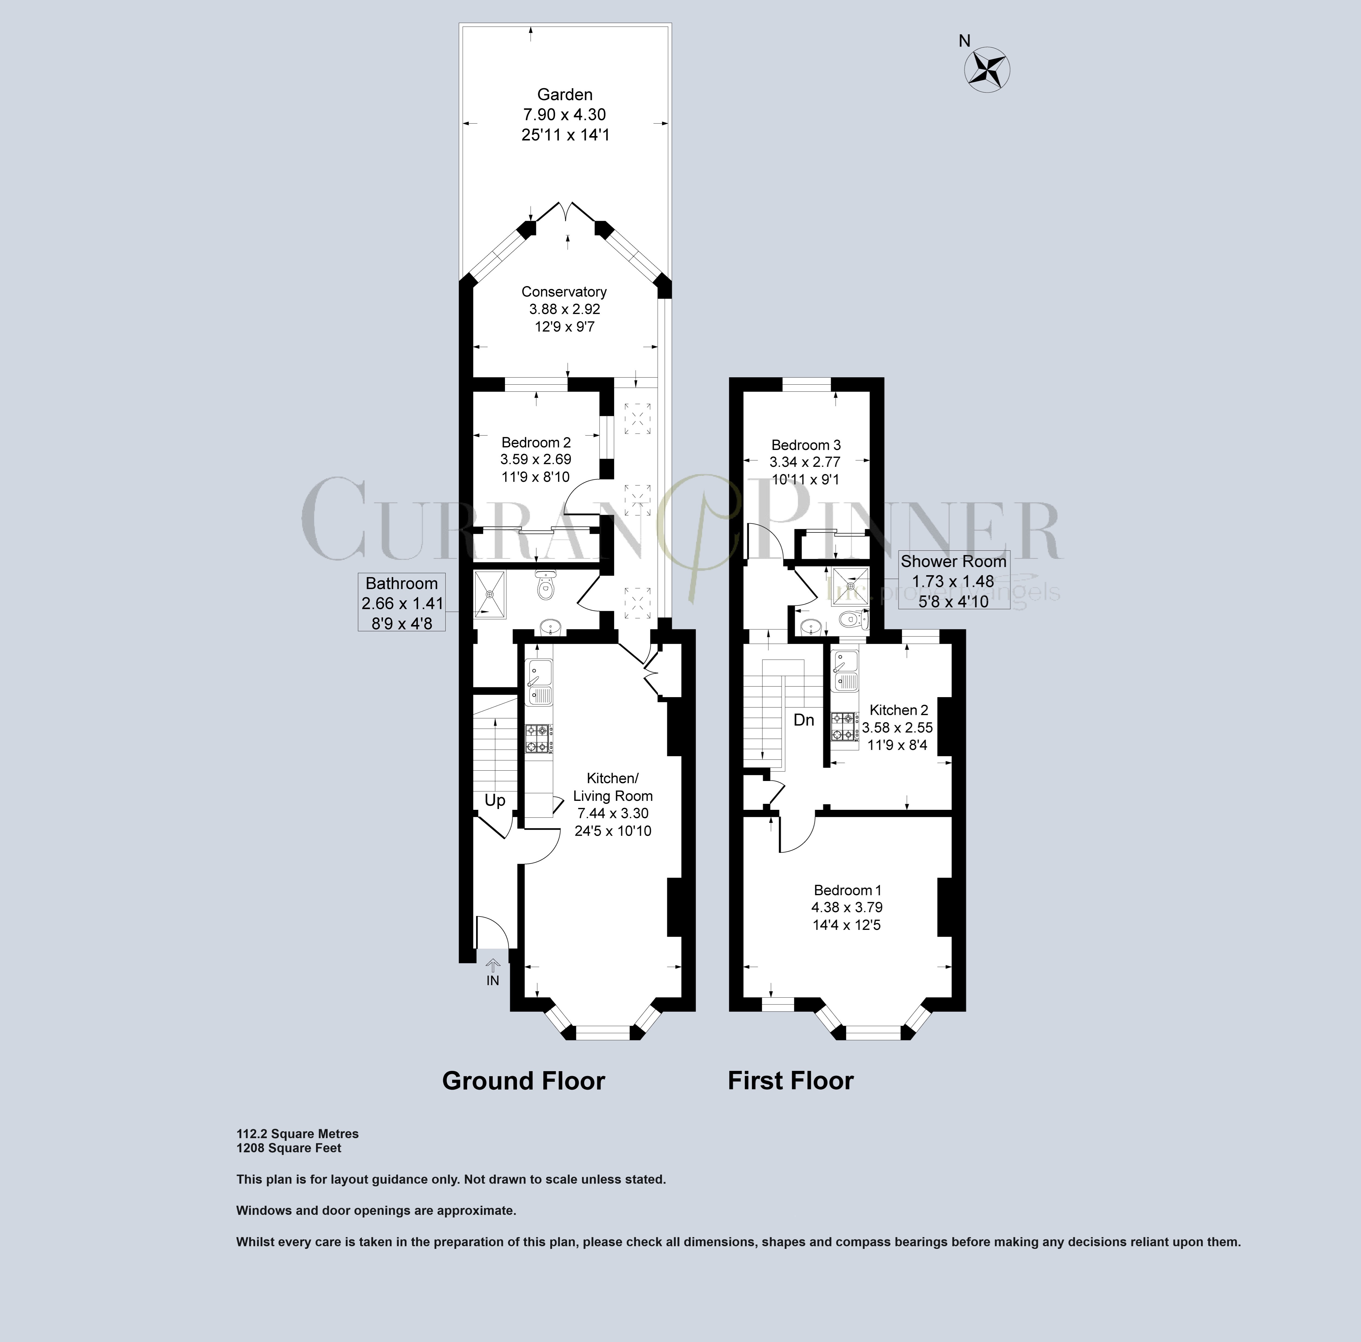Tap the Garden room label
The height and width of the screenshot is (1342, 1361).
[x=564, y=94]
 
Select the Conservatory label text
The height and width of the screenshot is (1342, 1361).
[x=563, y=292]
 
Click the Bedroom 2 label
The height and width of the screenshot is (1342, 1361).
[x=535, y=442]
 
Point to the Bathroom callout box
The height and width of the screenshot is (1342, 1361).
[x=401, y=602]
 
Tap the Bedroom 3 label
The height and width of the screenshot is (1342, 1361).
[x=806, y=445]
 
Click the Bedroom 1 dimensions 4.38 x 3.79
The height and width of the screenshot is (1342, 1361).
[x=847, y=907]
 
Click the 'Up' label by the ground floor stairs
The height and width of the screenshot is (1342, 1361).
[x=495, y=801]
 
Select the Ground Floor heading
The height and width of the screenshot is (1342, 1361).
[x=523, y=1081]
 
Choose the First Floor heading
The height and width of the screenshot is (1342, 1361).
[x=790, y=1081]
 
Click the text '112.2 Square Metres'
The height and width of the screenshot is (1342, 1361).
[x=297, y=1133]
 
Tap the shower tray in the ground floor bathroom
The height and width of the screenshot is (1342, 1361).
[x=490, y=594]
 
